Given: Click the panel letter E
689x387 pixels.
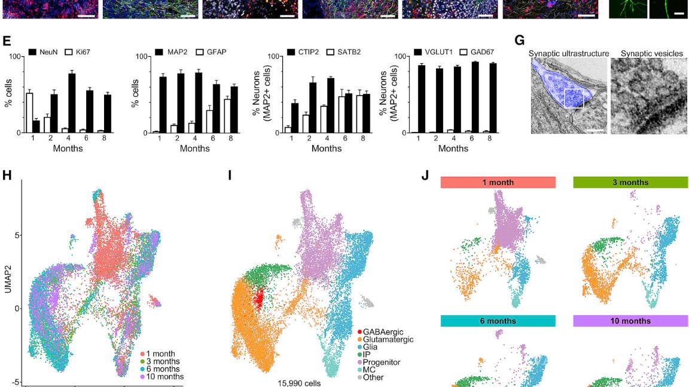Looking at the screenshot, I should point(7,41).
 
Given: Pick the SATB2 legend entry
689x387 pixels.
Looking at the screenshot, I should point(347,53).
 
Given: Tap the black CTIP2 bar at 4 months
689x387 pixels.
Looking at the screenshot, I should point(331,105).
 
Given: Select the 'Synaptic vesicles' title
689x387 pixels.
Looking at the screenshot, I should point(651,54).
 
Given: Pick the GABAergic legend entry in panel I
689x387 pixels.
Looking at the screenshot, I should point(382,331).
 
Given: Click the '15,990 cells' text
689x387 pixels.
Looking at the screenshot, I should point(299,383).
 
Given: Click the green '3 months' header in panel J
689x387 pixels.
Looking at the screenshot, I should point(630,182).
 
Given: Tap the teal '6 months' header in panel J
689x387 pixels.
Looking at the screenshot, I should point(498,321).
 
